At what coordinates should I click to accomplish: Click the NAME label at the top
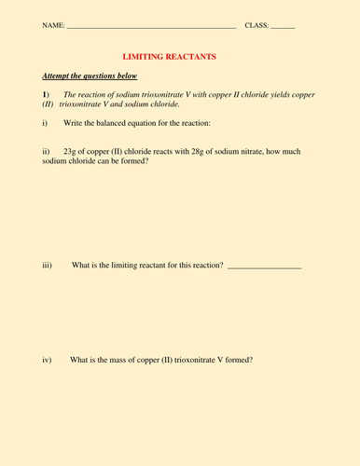53,24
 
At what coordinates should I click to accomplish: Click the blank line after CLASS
284,26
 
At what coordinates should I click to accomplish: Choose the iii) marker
48,266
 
